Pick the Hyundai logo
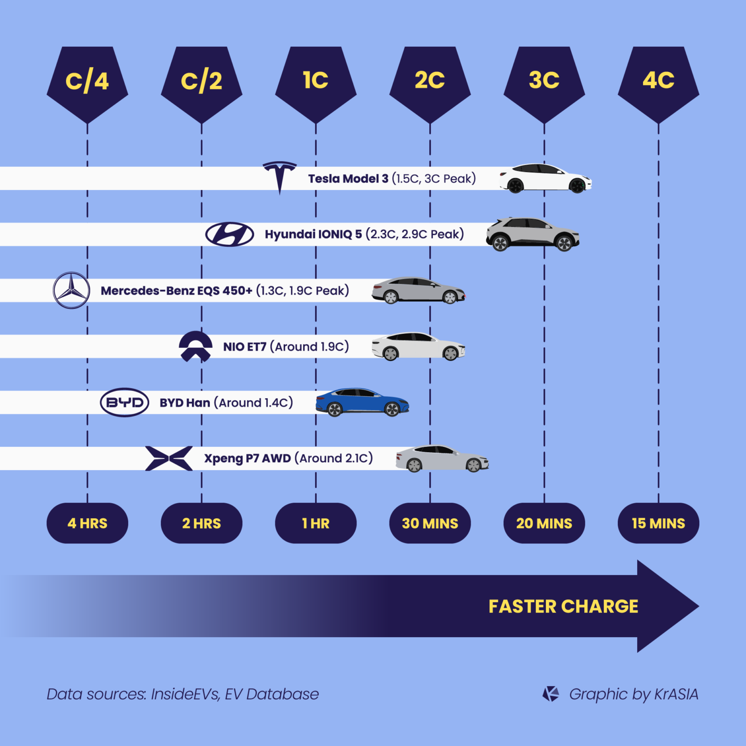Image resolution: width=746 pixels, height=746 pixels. pos(229,234)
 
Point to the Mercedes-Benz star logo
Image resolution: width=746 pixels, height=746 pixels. pos(71,290)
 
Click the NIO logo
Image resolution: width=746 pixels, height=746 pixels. pos(195,346)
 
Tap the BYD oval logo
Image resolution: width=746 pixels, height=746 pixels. pos(124,402)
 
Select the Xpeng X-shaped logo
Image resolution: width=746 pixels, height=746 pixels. pos(169,458)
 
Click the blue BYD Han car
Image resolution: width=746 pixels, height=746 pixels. pos(362,402)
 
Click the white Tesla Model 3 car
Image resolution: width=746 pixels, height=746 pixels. pos(545,178)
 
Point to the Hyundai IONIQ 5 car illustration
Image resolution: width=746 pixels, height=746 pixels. pos(533,234)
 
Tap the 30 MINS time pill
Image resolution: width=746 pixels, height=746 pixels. pos(430,523)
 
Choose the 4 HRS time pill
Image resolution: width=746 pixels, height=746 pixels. pos(87,523)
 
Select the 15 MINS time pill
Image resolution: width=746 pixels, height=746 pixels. pos(658,523)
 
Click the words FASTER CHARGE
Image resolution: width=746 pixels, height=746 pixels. pos(563,606)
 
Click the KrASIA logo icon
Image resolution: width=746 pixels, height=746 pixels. pos(551,694)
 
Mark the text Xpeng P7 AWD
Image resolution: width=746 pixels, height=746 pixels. pos(247,458)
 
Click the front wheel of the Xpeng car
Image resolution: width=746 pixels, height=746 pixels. pos(474,465)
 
